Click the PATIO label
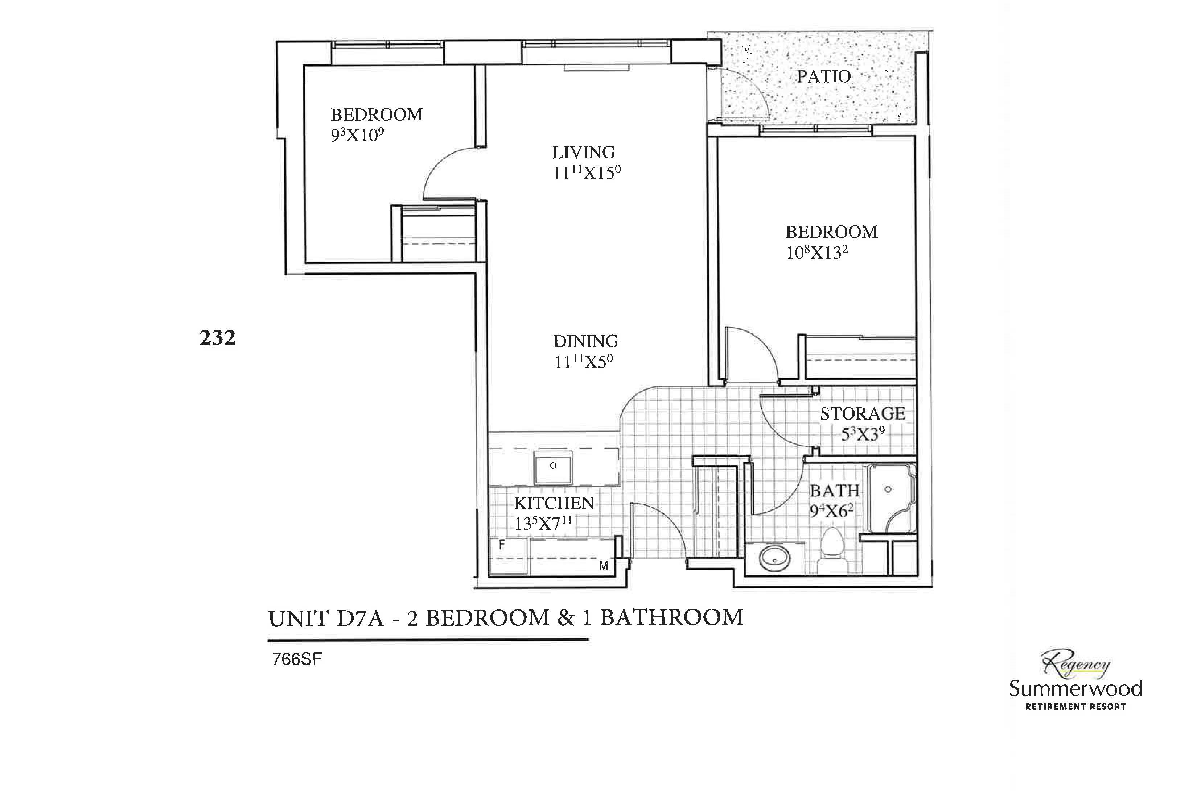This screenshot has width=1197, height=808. (x=824, y=77)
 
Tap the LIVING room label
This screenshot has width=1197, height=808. (x=584, y=152)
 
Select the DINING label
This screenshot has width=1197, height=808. (x=586, y=341)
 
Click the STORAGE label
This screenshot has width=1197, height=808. (x=862, y=413)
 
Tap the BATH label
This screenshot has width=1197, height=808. (x=834, y=491)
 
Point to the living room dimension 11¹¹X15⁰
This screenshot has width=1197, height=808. (x=587, y=173)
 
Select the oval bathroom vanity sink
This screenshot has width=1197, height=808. (x=774, y=559)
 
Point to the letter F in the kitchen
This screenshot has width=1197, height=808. (x=501, y=544)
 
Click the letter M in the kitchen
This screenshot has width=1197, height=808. (x=604, y=566)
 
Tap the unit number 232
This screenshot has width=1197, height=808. (x=217, y=338)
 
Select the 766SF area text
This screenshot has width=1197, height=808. (x=297, y=659)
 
